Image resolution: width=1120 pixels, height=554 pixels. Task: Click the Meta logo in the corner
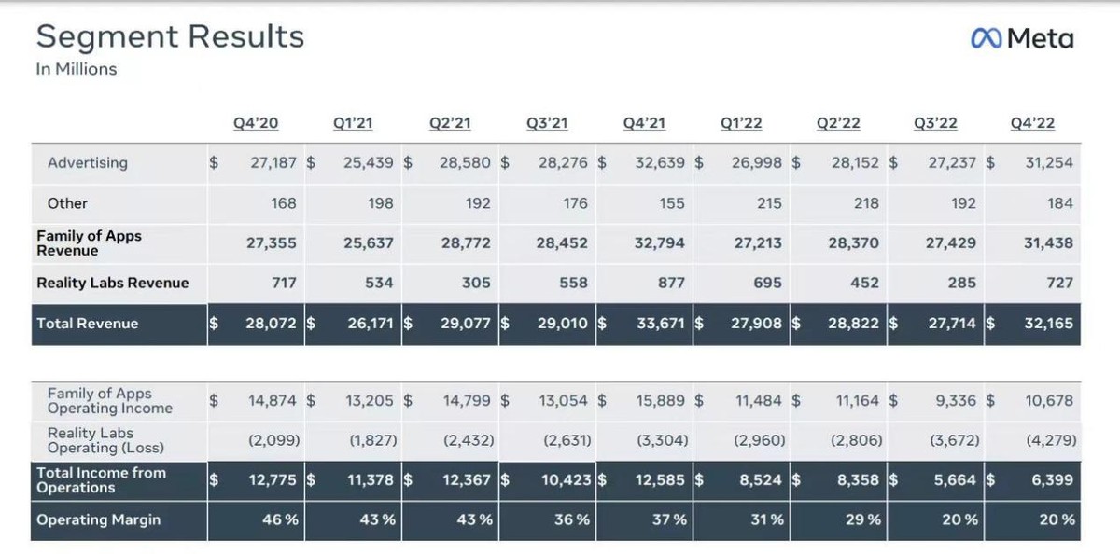click(x=1022, y=38)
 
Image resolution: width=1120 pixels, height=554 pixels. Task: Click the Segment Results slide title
click(x=170, y=36)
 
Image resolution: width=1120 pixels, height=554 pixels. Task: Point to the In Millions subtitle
click(x=77, y=69)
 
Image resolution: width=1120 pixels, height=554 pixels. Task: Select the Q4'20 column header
click(x=256, y=123)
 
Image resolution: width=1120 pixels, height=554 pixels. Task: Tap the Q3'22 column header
click(x=935, y=123)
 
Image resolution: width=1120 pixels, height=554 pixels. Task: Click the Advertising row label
click(x=88, y=162)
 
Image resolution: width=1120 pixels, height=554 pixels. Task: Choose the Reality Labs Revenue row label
click(x=112, y=283)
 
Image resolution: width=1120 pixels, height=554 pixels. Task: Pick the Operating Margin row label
click(x=99, y=519)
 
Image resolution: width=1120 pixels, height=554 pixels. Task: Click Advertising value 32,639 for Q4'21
click(x=660, y=162)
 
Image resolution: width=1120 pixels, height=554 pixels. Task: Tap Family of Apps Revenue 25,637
click(x=368, y=242)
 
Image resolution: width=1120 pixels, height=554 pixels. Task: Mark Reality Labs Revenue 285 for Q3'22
click(x=961, y=283)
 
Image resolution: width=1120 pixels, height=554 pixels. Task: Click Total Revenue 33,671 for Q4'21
click(x=660, y=324)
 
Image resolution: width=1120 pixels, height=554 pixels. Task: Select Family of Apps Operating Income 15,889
click(x=660, y=400)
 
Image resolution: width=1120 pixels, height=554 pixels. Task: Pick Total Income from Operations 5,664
click(x=955, y=480)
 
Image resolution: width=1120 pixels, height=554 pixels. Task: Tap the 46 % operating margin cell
click(x=280, y=519)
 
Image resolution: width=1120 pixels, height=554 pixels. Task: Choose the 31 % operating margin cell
click(x=767, y=519)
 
